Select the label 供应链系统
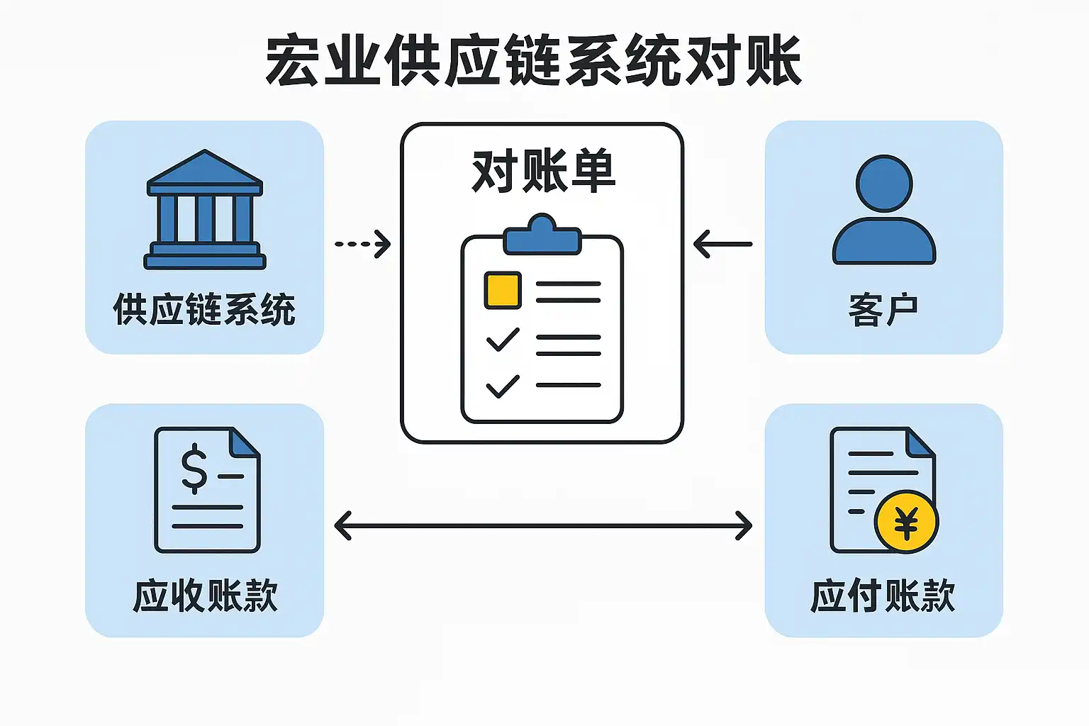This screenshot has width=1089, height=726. (x=204, y=310)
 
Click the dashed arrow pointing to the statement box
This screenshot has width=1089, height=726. (x=362, y=244)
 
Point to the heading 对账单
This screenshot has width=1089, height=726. (x=543, y=172)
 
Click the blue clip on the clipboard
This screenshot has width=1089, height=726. (x=542, y=236)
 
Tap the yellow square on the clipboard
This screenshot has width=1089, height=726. (x=503, y=290)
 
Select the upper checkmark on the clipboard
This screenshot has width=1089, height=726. (x=503, y=340)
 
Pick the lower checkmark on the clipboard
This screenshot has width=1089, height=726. (x=503, y=386)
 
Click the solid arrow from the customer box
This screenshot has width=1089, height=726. (x=722, y=244)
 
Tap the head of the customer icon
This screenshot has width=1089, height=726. (x=884, y=183)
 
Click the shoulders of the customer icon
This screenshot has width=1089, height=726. (x=884, y=242)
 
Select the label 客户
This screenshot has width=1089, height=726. (x=883, y=310)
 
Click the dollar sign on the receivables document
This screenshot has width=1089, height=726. (x=194, y=468)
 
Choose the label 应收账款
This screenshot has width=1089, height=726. (x=205, y=596)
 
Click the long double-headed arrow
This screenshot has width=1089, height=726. (x=543, y=526)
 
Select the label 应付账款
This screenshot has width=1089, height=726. (x=883, y=596)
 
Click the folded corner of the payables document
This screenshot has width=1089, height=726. (x=921, y=442)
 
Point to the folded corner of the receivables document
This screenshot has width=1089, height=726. (x=245, y=442)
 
